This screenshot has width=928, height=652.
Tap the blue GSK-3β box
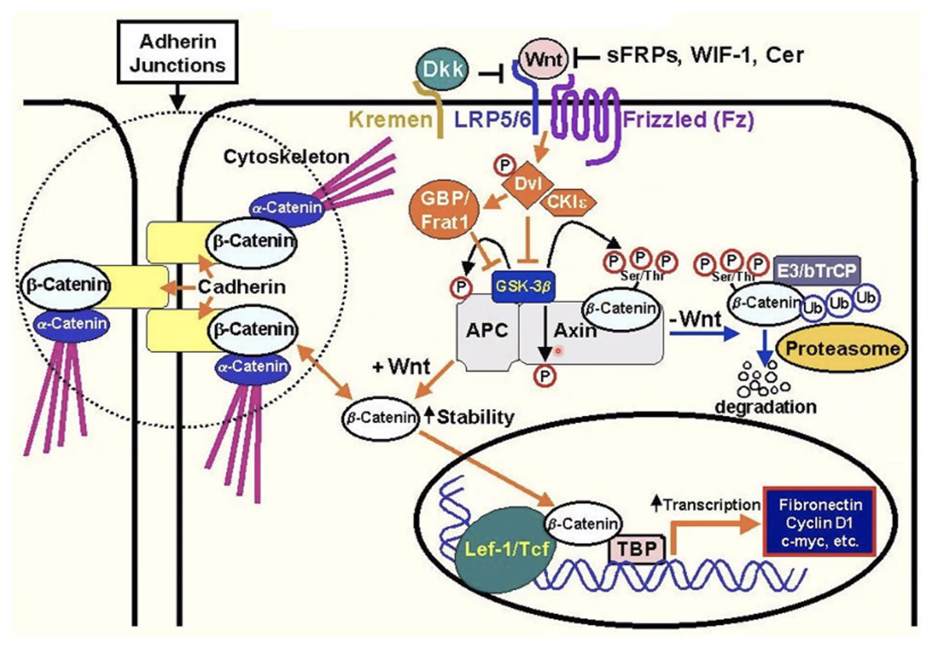523,287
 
